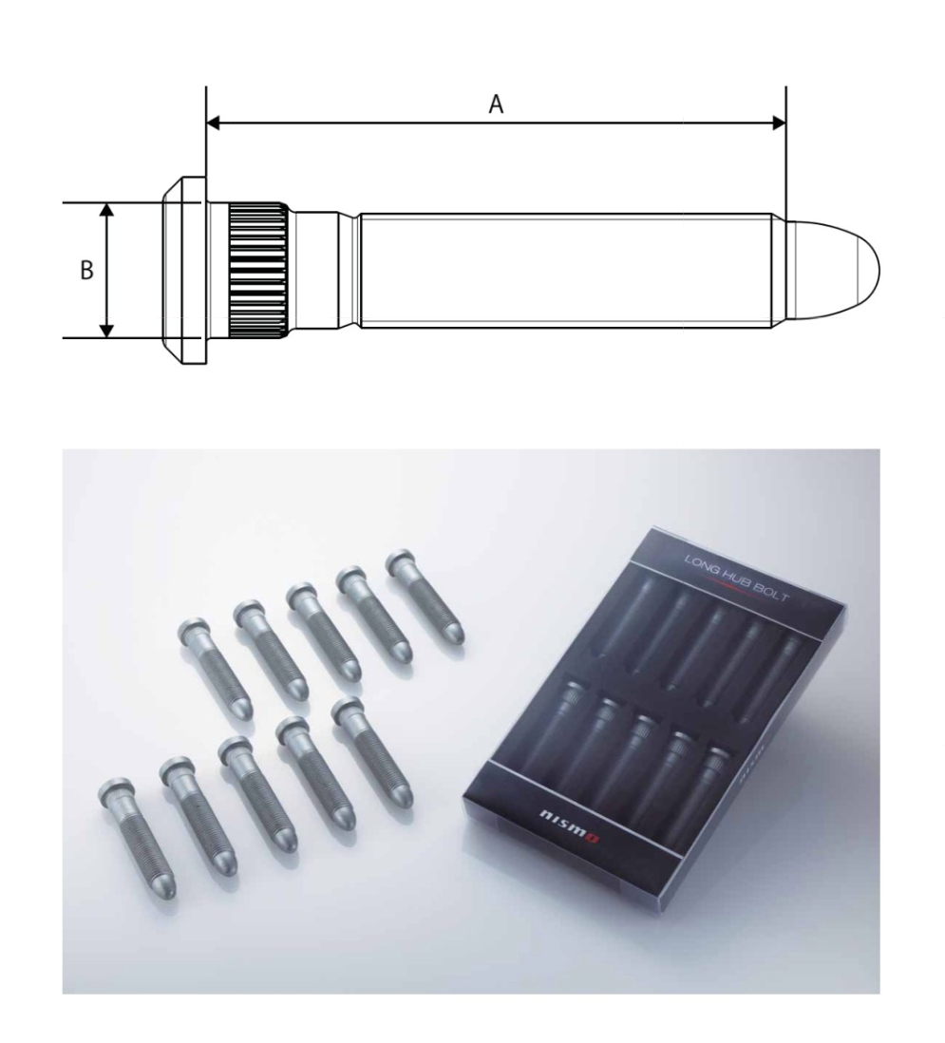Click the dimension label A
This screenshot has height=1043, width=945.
495,105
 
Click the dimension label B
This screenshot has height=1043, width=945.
86,271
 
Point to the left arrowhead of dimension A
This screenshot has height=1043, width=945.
214,123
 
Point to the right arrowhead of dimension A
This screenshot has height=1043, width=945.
779,123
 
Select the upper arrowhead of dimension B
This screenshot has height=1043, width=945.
107,210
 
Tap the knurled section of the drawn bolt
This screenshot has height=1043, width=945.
258,270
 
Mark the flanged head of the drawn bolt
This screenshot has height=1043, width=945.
182,270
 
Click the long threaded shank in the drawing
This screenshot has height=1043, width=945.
570,270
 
